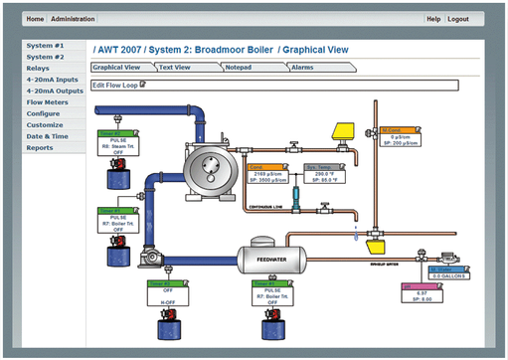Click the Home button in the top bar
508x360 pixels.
coord(36,19)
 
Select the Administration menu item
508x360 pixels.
coord(73,19)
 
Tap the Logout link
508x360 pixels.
coord(457,19)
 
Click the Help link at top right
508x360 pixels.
coord(432,19)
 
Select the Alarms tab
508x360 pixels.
coord(303,68)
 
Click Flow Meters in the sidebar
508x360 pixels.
coord(49,101)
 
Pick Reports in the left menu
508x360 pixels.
coord(40,147)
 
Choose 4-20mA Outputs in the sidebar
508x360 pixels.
coord(56,90)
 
